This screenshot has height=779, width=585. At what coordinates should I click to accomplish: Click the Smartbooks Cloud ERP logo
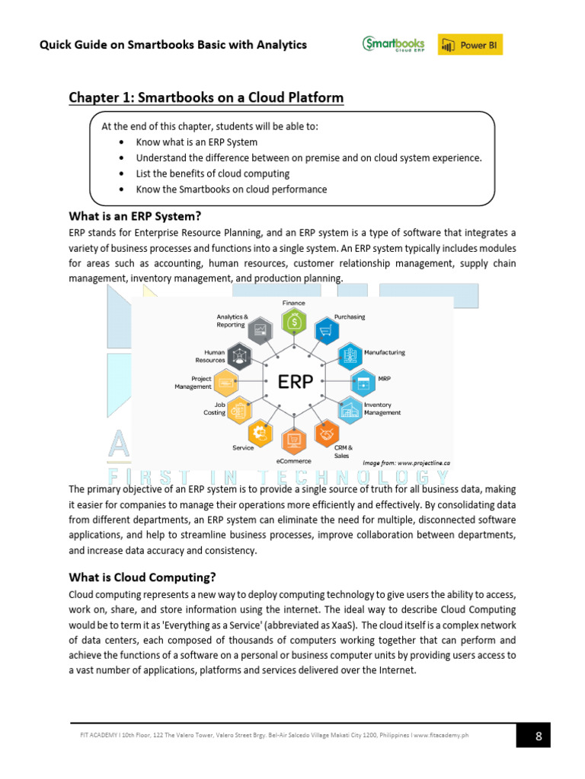pyautogui.click(x=392, y=44)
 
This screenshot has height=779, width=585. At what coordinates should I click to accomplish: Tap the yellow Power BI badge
pyautogui.click(x=470, y=45)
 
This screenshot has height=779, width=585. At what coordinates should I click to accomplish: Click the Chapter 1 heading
pyautogui.click(x=206, y=98)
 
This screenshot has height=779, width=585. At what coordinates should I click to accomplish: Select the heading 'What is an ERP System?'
pyautogui.click(x=135, y=215)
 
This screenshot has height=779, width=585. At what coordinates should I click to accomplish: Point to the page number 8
pyautogui.click(x=539, y=736)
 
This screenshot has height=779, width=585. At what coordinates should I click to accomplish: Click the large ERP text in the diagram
pyautogui.click(x=295, y=381)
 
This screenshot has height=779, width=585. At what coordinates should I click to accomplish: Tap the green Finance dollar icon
pyautogui.click(x=294, y=322)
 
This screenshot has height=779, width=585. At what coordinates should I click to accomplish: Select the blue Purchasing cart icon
pyautogui.click(x=327, y=331)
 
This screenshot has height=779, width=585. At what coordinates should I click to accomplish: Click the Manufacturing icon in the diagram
pyautogui.click(x=350, y=355)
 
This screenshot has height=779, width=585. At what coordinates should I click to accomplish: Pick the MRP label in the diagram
pyautogui.click(x=384, y=377)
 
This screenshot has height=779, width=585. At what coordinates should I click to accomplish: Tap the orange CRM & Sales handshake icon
pyautogui.click(x=327, y=433)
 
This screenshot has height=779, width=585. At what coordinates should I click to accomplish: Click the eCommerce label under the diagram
pyautogui.click(x=293, y=461)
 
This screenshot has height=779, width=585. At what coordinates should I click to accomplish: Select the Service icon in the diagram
pyautogui.click(x=261, y=433)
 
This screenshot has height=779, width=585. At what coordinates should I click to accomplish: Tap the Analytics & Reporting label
pyautogui.click(x=232, y=320)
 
